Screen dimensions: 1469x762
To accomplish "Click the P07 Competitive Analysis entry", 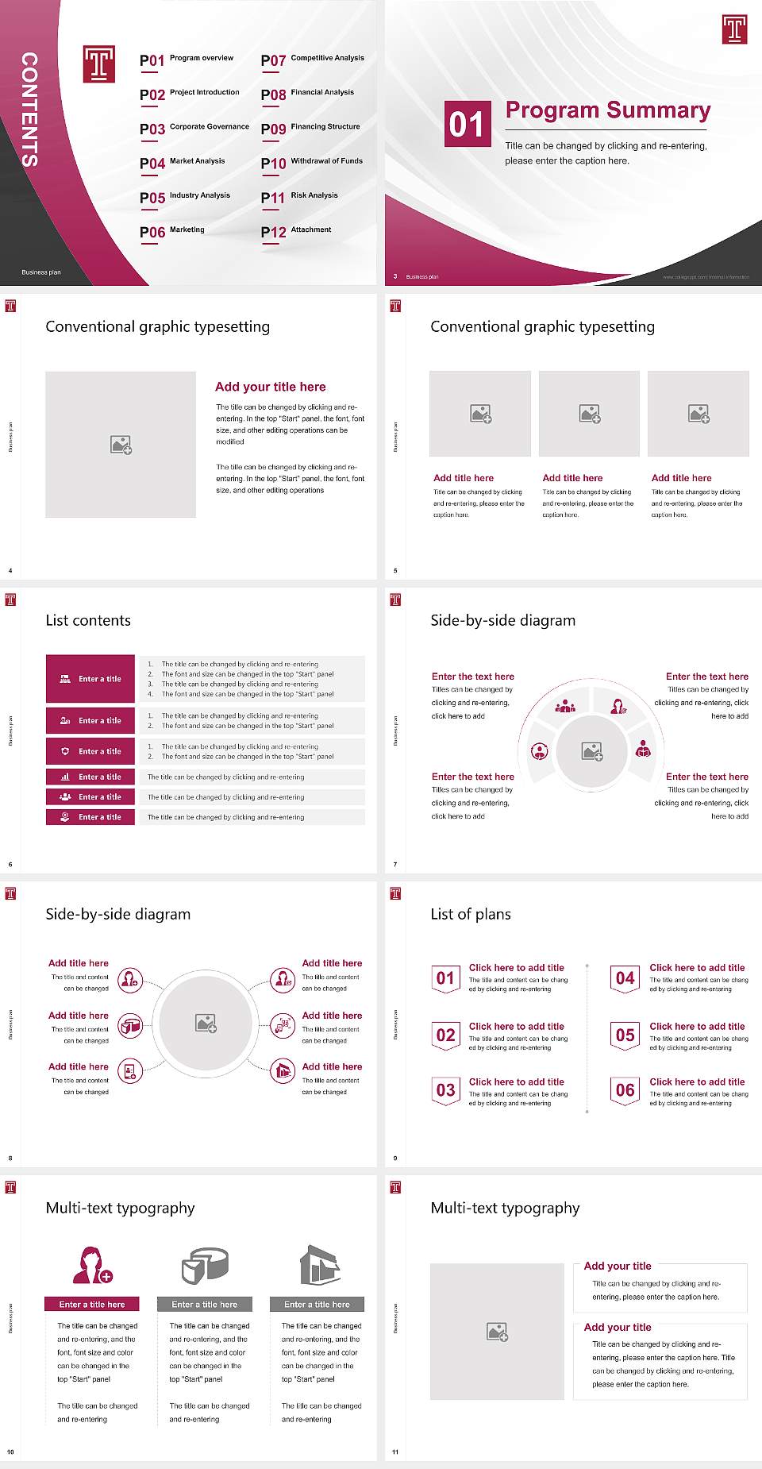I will tap(313, 60).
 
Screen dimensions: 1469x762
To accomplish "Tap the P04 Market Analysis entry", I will tap(183, 163).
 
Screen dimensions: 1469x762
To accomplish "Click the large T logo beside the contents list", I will tap(99, 64).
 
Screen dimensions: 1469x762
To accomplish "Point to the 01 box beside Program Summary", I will tap(466, 124).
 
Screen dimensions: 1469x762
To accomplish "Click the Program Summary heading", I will tap(608, 110).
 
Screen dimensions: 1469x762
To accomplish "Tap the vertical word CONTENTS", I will tap(29, 110).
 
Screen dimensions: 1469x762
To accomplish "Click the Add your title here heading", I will tap(270, 387).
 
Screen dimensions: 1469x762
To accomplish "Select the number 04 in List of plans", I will tap(625, 978).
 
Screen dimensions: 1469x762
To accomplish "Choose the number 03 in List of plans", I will tap(446, 1090).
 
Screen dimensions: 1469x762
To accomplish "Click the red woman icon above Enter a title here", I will tap(92, 1265).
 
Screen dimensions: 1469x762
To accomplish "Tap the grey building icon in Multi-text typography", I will tap(320, 1265).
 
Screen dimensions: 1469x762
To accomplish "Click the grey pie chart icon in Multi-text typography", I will tap(205, 1265).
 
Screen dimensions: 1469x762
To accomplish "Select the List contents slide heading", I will tap(88, 620).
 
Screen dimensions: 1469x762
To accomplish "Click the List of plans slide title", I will tap(471, 914).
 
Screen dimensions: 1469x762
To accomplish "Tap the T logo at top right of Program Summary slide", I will tap(734, 29).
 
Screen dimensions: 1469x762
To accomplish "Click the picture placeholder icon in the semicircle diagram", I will tap(592, 750).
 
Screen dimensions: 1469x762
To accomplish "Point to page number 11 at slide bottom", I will tap(395, 1452).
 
